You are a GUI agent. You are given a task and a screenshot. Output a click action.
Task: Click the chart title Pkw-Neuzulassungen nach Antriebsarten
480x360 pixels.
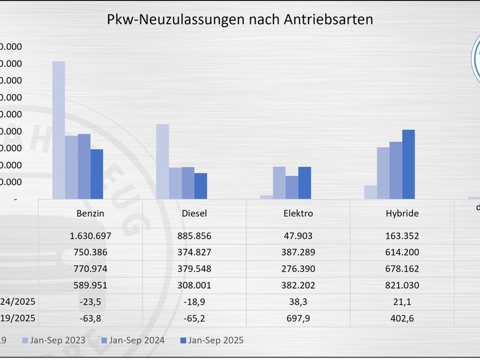coord(239,19)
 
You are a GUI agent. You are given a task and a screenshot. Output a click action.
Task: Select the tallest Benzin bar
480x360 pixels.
coord(59,130)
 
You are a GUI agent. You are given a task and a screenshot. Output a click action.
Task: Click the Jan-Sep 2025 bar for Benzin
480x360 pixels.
coord(97,173)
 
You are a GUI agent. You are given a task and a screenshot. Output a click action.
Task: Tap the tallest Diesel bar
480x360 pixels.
coord(163,161)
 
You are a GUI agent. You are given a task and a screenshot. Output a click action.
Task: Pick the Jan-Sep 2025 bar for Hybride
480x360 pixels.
coord(408,164)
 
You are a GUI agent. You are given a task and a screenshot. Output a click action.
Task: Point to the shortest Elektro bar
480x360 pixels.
coord(266,196)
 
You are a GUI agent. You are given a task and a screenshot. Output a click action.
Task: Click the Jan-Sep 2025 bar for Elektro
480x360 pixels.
coord(304,182)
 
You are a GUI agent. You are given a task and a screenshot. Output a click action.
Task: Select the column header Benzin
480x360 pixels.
coord(91,213)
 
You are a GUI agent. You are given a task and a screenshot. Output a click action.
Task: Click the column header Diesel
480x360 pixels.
coord(194,213)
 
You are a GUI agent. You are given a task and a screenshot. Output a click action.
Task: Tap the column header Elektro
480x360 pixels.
coord(298,213)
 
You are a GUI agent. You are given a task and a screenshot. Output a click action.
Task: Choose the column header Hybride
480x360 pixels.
coord(402,213)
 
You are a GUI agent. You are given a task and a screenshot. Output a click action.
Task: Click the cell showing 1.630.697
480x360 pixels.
coord(91,236)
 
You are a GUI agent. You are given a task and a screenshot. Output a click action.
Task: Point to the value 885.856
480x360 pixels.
coord(194,236)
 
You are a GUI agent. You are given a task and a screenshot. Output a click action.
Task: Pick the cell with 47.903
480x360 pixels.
coord(298,236)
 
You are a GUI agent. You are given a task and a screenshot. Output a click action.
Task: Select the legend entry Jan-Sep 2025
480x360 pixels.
coord(213,340)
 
